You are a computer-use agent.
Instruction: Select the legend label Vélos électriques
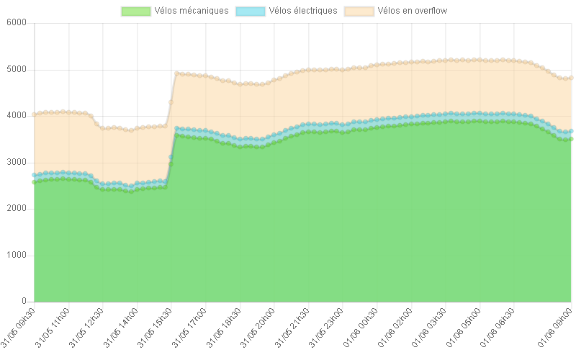pyautogui.click(x=302, y=11)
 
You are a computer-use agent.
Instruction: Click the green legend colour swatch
pyautogui.click(x=136, y=11)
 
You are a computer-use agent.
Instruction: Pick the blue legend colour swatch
pyautogui.click(x=250, y=11)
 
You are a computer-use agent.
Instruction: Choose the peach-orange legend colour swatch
pyautogui.click(x=359, y=11)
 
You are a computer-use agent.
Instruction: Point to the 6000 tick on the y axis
pyautogui.click(x=16, y=22)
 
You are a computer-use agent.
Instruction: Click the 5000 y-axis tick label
pyautogui.click(x=16, y=69)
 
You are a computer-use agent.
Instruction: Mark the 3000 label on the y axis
pyautogui.click(x=16, y=162)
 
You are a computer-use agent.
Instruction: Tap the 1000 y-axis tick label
pyautogui.click(x=16, y=255)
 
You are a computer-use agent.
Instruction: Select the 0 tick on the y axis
pyautogui.click(x=23, y=301)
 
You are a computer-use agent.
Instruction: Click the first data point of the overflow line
pyautogui.click(x=34, y=114)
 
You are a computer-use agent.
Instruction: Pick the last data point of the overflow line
pyautogui.click(x=571, y=78)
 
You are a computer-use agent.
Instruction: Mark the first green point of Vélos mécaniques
pyautogui.click(x=34, y=182)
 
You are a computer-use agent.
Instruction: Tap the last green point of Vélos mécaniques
pyautogui.click(x=571, y=139)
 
